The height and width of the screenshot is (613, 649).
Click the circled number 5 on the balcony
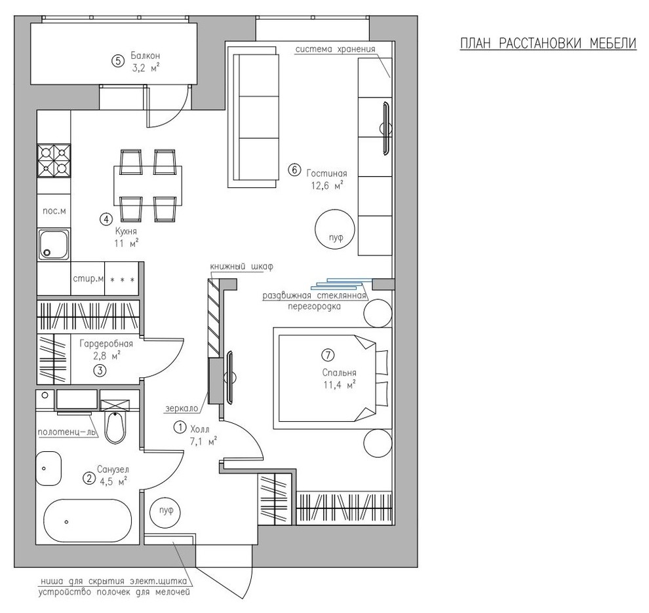click(117, 61)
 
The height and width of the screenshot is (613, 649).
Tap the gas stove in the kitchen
click(54, 160)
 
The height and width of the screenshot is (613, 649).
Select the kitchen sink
click(54, 245)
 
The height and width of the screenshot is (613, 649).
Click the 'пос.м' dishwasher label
click(54, 211)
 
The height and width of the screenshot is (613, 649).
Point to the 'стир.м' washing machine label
click(88, 279)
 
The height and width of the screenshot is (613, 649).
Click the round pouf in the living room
click(335, 229)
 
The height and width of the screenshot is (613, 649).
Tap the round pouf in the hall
click(166, 511)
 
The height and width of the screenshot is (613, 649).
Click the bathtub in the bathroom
click(88, 521)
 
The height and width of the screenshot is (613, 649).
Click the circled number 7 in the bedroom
click(328, 355)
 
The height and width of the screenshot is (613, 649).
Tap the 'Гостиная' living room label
click(326, 174)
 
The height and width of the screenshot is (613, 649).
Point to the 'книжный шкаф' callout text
click(242, 267)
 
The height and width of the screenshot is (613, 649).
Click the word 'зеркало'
click(182, 408)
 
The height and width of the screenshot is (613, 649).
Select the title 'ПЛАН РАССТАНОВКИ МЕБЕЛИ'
click(549, 43)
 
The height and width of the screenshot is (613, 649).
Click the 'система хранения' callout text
click(335, 49)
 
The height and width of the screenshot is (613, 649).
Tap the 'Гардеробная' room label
click(106, 344)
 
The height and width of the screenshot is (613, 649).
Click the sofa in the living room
click(253, 117)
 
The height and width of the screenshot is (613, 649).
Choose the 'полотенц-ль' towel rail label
click(67, 432)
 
